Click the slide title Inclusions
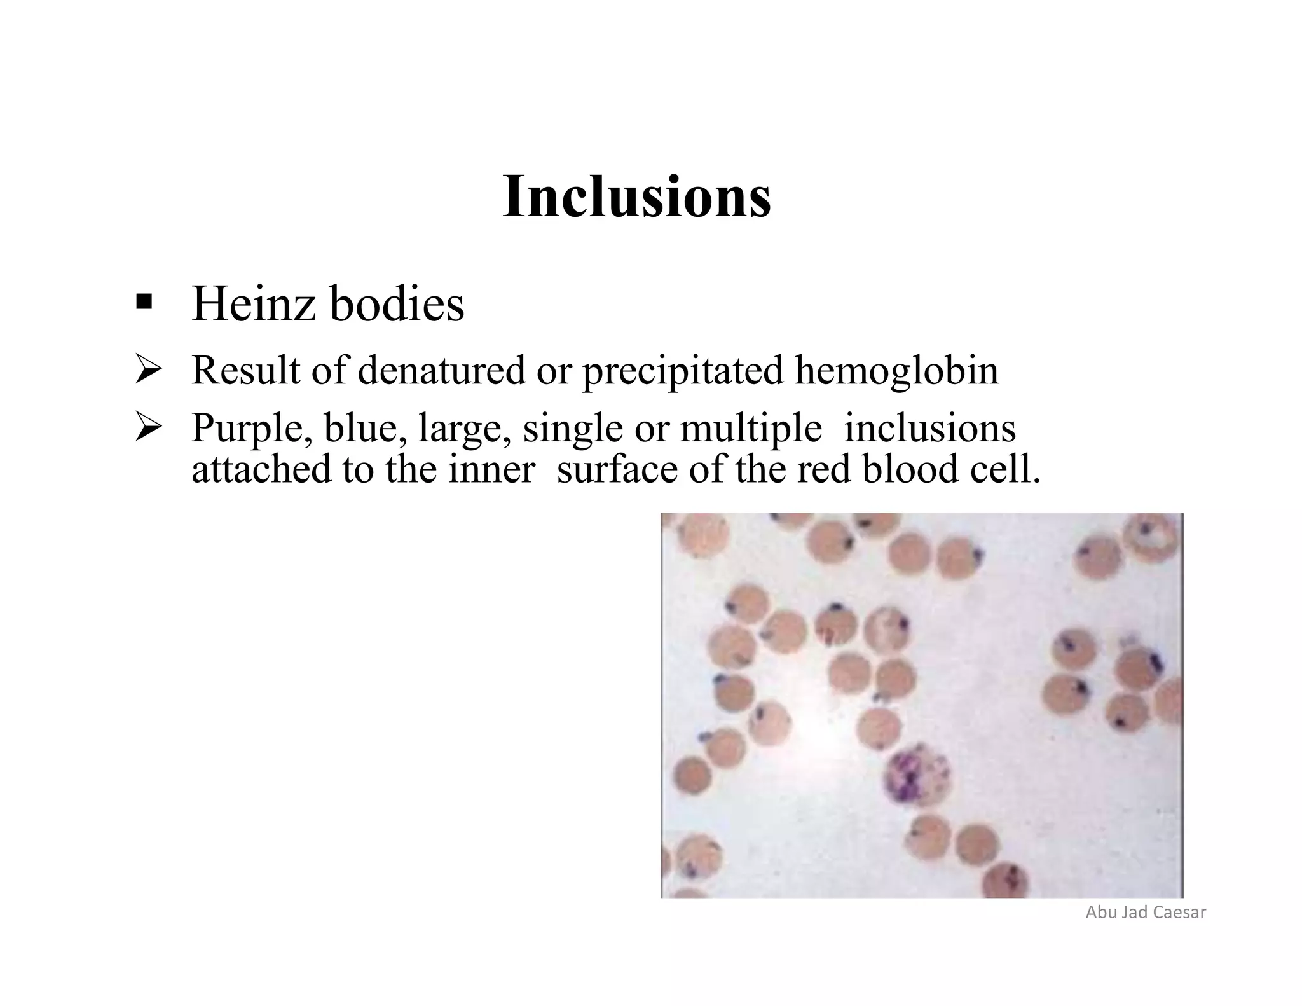pyautogui.click(x=636, y=197)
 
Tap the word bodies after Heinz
pyautogui.click(x=397, y=304)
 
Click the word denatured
pyautogui.click(x=442, y=370)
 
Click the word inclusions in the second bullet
pyautogui.click(x=929, y=428)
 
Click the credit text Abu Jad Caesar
pyautogui.click(x=1146, y=913)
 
